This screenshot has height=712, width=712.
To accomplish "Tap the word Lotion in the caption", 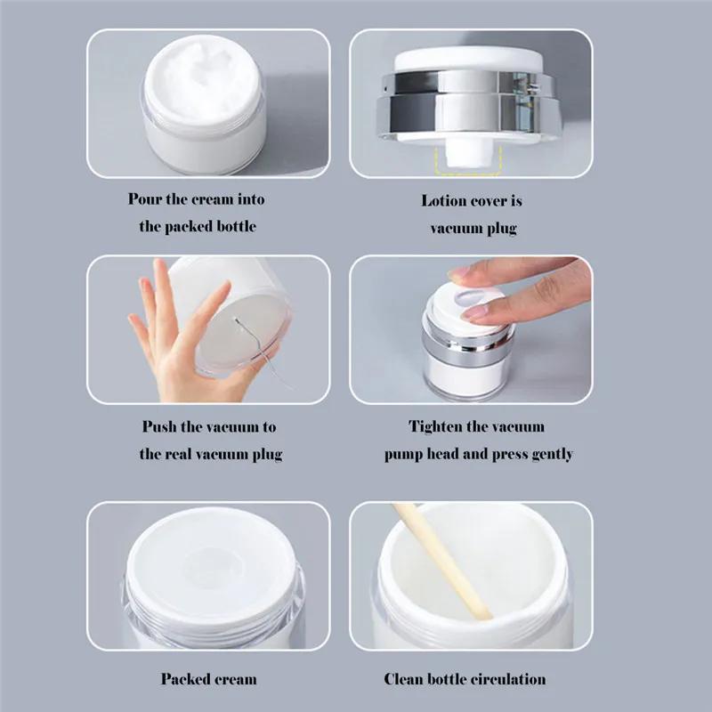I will [x=443, y=200].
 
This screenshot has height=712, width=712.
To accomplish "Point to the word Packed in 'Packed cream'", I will [x=183, y=679].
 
